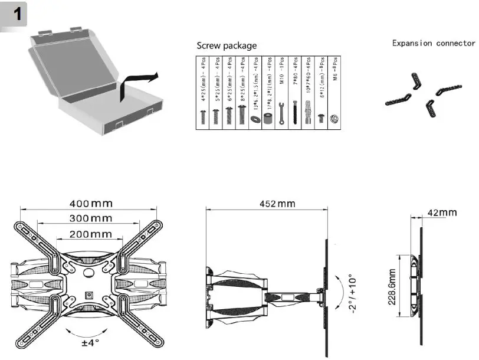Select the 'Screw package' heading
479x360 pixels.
click(227, 45)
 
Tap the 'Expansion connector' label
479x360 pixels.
click(434, 43)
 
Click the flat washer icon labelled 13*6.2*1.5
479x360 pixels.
click(255, 119)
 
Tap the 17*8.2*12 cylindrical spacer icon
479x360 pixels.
click(268, 118)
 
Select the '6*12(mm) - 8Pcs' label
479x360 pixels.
click(321, 82)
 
